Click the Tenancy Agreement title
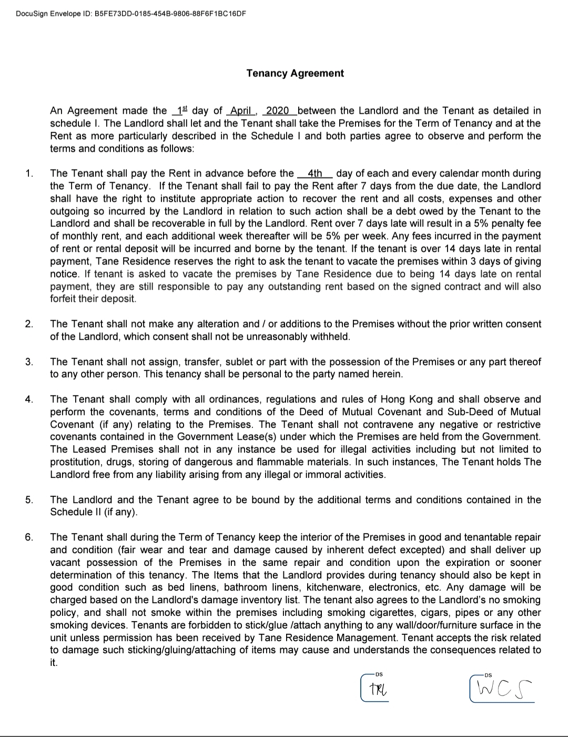[295, 73]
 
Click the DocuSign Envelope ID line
[131, 13]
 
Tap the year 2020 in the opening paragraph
[278, 111]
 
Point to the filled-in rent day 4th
[315, 173]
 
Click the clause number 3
[29, 362]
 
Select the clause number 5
[29, 500]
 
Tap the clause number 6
[29, 537]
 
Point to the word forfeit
[67, 298]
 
